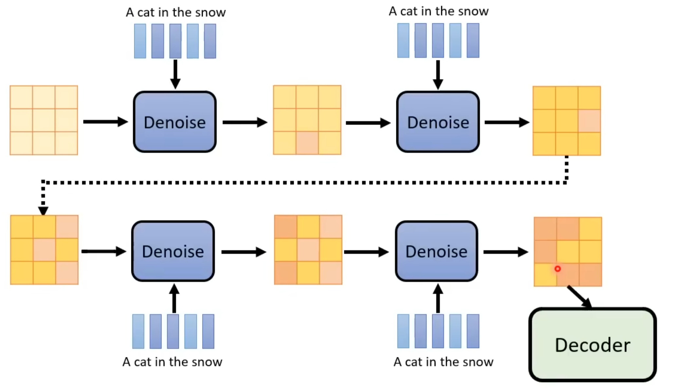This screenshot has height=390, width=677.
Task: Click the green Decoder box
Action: click(x=592, y=345)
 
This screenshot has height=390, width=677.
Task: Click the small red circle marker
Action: click(x=557, y=269)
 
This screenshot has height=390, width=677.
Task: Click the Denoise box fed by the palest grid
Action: click(x=175, y=122)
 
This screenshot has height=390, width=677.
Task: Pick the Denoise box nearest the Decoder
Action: click(x=436, y=251)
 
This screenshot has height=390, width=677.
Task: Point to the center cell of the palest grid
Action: click(x=44, y=120)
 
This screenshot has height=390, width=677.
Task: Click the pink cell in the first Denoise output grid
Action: click(x=307, y=143)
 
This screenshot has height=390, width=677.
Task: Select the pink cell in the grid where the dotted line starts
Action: click(x=589, y=121)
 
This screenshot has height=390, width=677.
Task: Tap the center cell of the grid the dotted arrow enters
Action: click(x=44, y=250)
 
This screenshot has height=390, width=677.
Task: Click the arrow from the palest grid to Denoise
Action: click(x=105, y=122)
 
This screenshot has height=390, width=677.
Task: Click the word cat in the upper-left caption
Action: click(x=145, y=12)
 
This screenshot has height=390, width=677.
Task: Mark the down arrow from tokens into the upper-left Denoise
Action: click(x=175, y=74)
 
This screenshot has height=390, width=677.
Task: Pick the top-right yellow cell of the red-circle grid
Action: click(x=590, y=229)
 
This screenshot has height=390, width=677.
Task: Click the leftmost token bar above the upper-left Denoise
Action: click(x=140, y=41)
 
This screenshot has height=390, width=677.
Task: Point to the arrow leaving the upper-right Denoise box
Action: click(x=506, y=122)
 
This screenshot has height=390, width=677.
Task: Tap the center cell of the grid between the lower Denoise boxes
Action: click(x=308, y=250)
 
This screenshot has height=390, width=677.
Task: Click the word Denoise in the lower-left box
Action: click(x=173, y=251)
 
